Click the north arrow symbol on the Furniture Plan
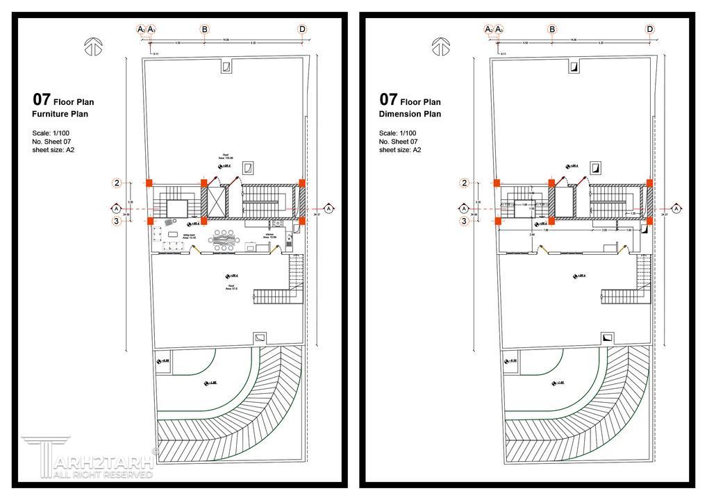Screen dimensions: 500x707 pos(92,47)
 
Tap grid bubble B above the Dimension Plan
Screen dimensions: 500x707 pos(552,29)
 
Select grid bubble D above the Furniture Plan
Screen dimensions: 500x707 pos(302,29)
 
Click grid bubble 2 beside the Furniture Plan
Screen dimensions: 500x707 pos(117,183)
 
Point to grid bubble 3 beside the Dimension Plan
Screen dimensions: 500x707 pos(464,222)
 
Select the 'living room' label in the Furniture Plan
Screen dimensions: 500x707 pos(189,237)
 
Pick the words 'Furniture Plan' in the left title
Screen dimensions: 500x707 pos(60,114)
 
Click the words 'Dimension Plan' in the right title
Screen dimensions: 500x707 pos(410,114)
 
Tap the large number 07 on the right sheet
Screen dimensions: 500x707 pos(388,99)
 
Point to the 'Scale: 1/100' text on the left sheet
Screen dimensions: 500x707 pos(51,133)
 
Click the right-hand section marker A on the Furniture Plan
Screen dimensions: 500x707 pos(328,208)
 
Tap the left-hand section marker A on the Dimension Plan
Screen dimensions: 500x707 pos(463,208)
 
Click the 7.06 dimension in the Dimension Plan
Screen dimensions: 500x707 pos(546,231)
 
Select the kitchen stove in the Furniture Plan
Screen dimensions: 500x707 pos(277,223)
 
